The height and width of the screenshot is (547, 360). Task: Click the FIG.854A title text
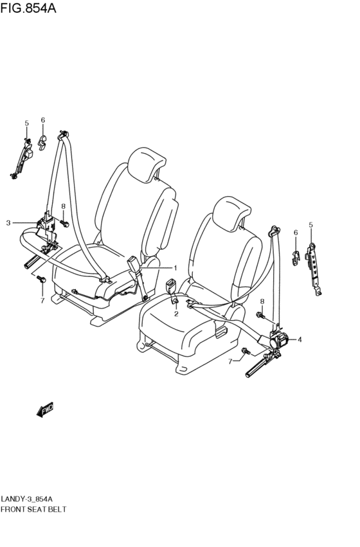28,8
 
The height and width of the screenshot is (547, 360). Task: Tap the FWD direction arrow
45,409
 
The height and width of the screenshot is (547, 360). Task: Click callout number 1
175,268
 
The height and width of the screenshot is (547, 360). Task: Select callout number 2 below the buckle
176,314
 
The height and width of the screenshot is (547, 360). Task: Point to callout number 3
8,222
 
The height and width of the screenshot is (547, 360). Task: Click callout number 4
300,339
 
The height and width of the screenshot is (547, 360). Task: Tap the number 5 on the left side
27,123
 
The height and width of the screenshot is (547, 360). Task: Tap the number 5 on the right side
310,225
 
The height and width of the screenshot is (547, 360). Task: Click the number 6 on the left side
43,120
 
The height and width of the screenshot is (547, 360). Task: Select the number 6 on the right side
296,232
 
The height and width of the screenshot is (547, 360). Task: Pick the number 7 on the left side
42,300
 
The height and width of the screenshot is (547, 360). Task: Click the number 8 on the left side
63,206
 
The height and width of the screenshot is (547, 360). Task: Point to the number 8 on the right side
262,301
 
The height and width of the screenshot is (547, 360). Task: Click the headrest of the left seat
146,164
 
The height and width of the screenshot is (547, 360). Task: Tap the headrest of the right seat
231,213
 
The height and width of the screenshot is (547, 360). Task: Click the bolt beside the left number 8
64,222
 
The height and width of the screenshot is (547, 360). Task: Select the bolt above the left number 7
41,279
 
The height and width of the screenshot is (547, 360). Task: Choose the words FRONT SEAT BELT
33,509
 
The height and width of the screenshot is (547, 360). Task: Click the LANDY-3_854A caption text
27,498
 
